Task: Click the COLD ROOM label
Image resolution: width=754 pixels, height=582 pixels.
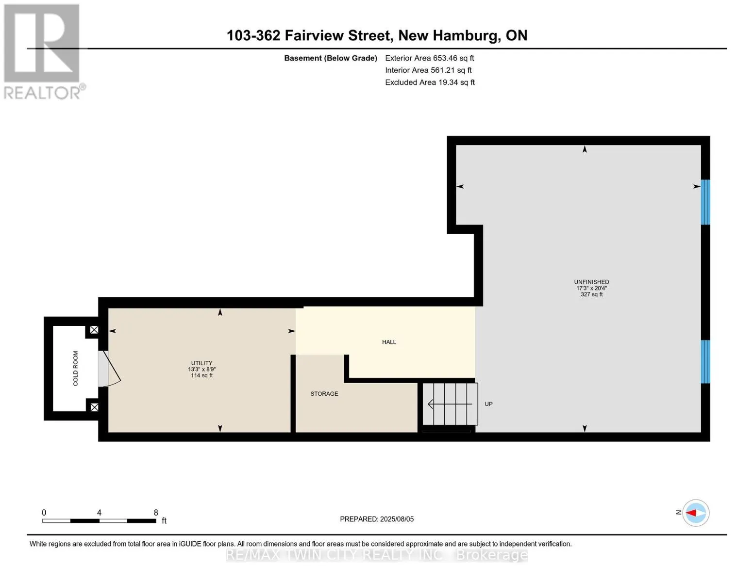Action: (x=75, y=368)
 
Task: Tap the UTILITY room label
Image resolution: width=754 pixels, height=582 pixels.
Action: (x=201, y=363)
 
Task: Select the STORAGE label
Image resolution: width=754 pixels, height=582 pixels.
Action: (x=324, y=393)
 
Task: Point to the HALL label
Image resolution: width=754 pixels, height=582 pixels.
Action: (x=389, y=342)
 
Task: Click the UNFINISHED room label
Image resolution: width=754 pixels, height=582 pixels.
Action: (x=592, y=282)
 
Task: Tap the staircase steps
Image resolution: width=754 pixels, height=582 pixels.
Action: (x=450, y=404)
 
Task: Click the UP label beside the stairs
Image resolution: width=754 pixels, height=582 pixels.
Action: (x=488, y=404)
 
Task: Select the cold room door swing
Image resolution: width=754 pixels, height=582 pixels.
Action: (x=112, y=369)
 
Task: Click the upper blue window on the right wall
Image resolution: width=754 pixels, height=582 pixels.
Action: (x=705, y=202)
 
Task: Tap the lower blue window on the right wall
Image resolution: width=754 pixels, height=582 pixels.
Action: (x=705, y=362)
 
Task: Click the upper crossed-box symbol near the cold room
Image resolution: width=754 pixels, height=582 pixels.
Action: (x=94, y=330)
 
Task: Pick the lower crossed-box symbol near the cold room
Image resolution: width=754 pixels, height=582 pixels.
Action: (x=94, y=407)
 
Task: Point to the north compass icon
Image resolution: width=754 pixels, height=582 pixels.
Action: (x=696, y=513)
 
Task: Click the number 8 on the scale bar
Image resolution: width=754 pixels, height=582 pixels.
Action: (x=156, y=512)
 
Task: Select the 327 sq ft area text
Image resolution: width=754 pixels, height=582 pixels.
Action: (x=592, y=294)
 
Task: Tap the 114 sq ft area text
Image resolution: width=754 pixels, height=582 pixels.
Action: (x=201, y=375)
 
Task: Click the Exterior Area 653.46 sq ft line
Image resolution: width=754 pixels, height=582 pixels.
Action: (x=429, y=58)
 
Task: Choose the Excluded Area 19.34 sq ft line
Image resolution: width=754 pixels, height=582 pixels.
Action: (x=430, y=82)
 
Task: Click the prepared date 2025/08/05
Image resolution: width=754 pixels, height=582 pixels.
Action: (x=397, y=519)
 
